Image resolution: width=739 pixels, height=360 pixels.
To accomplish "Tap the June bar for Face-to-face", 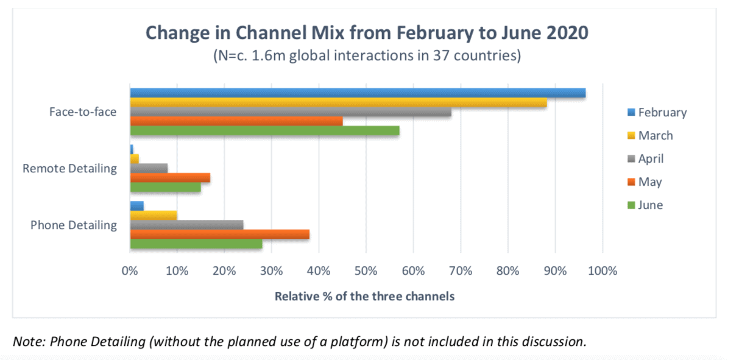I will (264, 130).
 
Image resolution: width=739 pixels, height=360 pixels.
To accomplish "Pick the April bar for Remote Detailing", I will (149, 168).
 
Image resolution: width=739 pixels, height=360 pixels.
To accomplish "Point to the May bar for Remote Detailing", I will (170, 177).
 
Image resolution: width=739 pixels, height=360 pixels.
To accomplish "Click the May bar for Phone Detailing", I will (219, 234).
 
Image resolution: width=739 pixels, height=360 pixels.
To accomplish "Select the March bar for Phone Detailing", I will (154, 215).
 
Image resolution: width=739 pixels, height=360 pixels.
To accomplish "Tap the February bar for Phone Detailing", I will (137, 206).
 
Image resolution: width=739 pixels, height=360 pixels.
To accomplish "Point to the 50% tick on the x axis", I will (366, 270).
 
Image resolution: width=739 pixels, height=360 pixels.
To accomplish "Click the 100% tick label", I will (603, 270).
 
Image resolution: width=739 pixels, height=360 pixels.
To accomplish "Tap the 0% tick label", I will (130, 270).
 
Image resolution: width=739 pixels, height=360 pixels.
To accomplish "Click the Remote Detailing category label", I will (69, 168).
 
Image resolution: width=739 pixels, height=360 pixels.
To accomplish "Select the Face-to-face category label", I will (83, 112).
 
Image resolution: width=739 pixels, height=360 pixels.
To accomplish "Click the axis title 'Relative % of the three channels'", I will (364, 297).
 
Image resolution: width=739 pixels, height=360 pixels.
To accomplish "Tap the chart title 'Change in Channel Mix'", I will (366, 32).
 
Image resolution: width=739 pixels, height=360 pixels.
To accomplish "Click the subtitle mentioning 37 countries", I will (366, 56).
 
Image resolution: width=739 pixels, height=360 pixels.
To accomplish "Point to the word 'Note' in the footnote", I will (26, 341).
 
